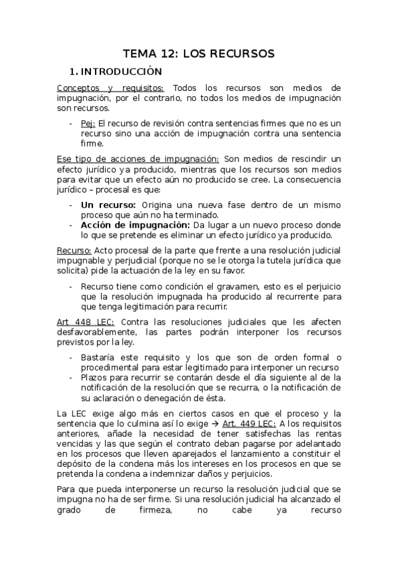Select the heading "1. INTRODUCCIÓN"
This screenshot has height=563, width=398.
click(x=116, y=71)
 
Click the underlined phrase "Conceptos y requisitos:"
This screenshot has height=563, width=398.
click(x=110, y=88)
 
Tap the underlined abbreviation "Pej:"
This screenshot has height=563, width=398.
click(x=88, y=123)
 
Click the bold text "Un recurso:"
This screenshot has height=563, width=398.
click(x=108, y=205)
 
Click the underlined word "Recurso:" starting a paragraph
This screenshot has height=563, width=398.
click(x=74, y=250)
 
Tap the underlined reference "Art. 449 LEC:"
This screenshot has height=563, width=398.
click(x=256, y=423)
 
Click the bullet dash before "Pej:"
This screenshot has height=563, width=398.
click(x=71, y=123)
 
